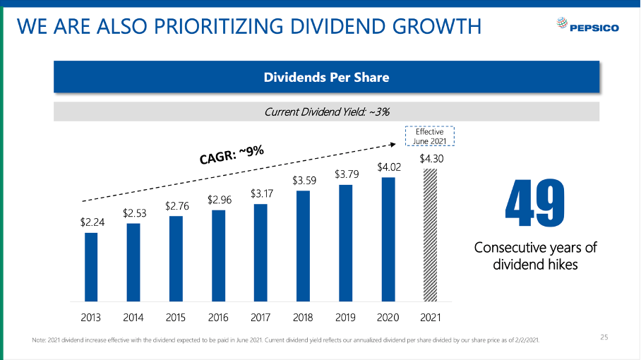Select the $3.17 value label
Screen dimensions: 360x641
click(260, 193)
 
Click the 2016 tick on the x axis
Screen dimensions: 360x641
click(218, 317)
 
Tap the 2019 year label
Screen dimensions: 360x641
click(345, 317)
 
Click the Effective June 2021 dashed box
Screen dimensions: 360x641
click(429, 136)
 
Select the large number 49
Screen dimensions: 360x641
click(535, 205)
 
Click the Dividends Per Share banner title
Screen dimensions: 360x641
click(326, 77)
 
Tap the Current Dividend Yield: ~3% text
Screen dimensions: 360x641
click(326, 112)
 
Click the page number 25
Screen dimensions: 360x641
click(604, 337)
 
